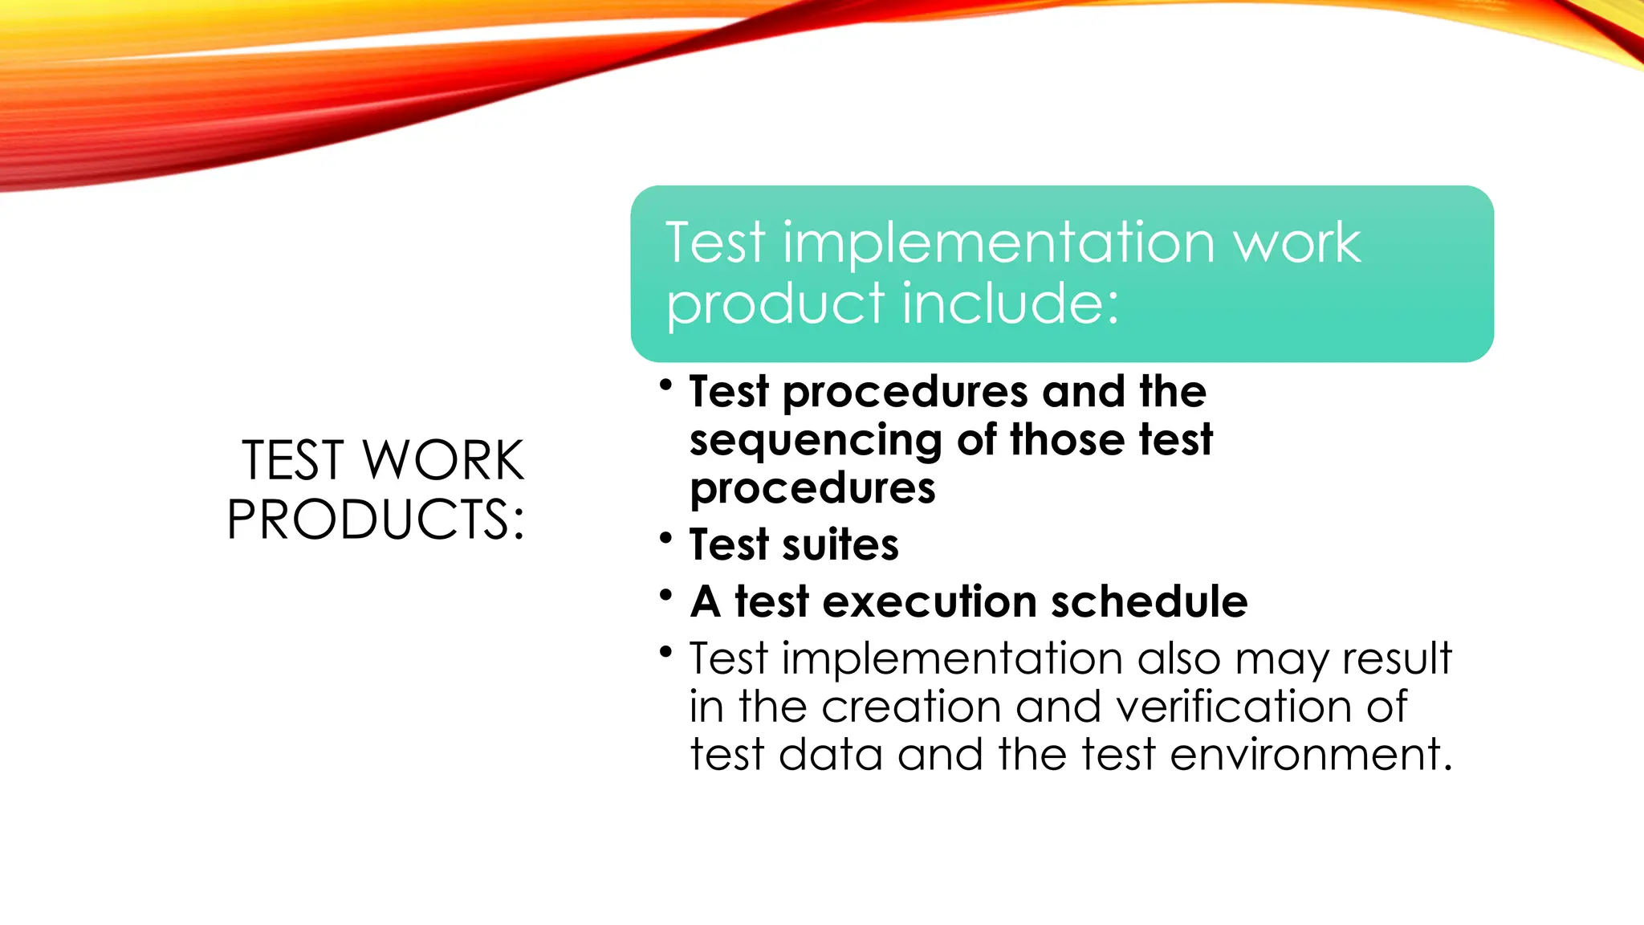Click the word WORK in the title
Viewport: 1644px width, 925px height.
(x=443, y=461)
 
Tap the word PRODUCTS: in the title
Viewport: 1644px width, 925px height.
(x=376, y=520)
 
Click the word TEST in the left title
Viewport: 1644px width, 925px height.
(x=294, y=461)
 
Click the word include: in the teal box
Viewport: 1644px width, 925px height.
(x=1011, y=304)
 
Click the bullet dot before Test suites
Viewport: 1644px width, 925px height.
(x=665, y=537)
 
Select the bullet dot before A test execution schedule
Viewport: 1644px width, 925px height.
(x=665, y=595)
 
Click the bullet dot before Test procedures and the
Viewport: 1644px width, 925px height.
(x=665, y=385)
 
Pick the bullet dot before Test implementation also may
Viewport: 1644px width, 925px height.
(x=665, y=651)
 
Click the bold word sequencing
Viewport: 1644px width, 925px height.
(x=816, y=441)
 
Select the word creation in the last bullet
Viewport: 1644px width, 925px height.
(x=911, y=707)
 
